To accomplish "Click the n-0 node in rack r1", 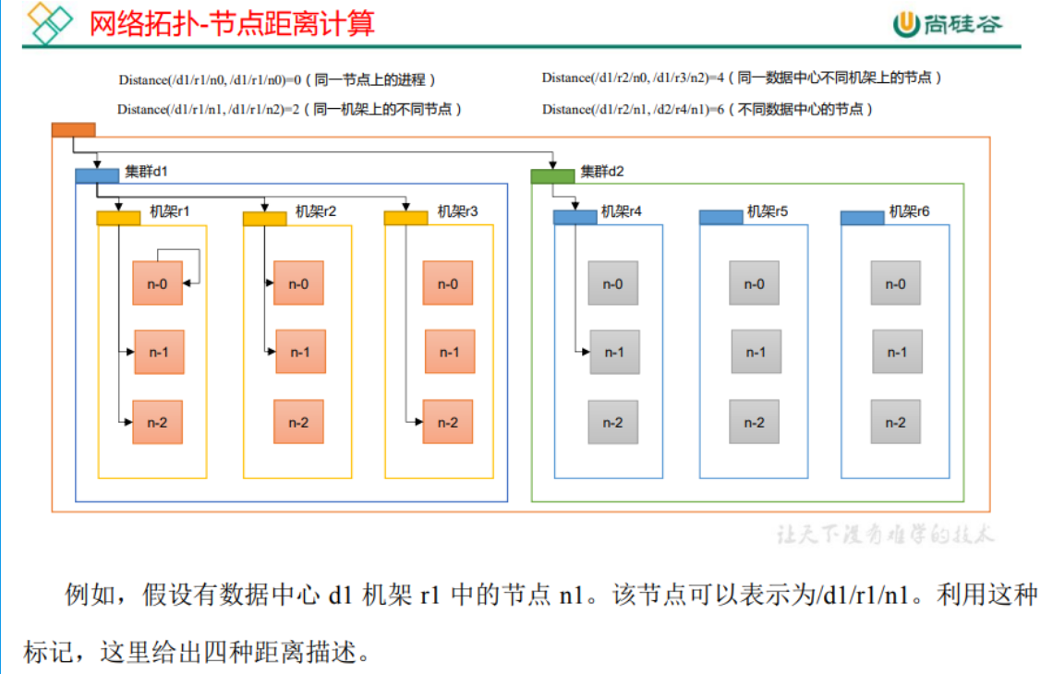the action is pyautogui.click(x=157, y=283).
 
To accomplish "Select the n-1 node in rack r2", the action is pyautogui.click(x=300, y=352).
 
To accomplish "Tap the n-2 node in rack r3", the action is pyautogui.click(x=448, y=422).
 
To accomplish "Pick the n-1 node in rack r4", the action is pyautogui.click(x=614, y=352).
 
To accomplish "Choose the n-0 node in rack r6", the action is pyautogui.click(x=895, y=283).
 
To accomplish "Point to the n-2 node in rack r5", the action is pyautogui.click(x=754, y=422).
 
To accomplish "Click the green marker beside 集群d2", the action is pyautogui.click(x=552, y=175).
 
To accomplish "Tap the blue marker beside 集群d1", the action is pyautogui.click(x=97, y=175).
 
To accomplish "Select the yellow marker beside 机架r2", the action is pyautogui.click(x=264, y=218).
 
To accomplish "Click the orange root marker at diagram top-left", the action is pyautogui.click(x=73, y=130).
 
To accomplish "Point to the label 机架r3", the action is pyautogui.click(x=458, y=211).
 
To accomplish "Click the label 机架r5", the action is pyautogui.click(x=768, y=211).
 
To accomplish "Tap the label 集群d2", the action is pyautogui.click(x=602, y=172).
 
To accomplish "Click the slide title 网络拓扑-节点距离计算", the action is pyautogui.click(x=232, y=23).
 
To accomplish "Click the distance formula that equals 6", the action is pyautogui.click(x=707, y=109).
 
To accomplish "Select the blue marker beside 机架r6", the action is pyautogui.click(x=862, y=218).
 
